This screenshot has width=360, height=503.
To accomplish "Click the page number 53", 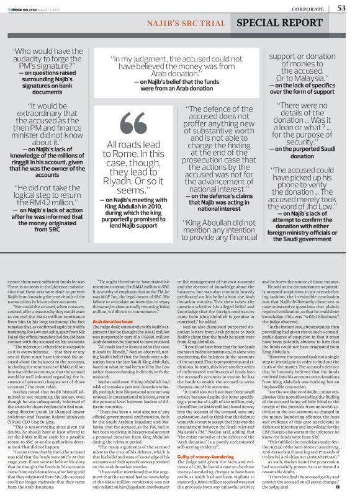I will (341, 8).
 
